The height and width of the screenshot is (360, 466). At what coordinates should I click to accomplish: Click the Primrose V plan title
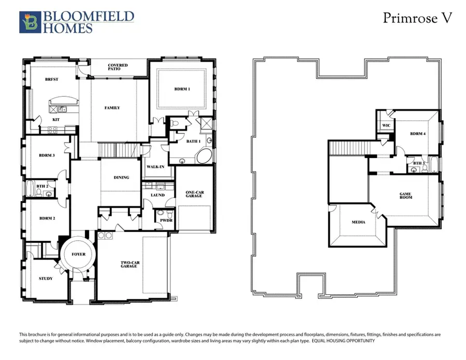(418, 18)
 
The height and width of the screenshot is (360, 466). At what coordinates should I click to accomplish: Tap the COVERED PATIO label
(118, 67)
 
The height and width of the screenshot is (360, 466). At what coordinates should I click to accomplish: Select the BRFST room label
(51, 80)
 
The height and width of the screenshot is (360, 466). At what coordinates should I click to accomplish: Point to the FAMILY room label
(112, 108)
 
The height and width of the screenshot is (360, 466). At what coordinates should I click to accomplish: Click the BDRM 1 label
(182, 89)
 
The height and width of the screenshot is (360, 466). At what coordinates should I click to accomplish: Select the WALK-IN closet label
(155, 167)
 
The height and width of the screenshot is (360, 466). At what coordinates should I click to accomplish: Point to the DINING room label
(121, 178)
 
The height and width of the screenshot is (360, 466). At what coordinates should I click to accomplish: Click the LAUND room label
(157, 195)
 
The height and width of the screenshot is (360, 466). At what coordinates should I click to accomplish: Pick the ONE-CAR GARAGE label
(195, 195)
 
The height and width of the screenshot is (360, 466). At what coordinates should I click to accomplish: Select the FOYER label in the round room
(79, 254)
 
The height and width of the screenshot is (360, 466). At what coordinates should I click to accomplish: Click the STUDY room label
(46, 279)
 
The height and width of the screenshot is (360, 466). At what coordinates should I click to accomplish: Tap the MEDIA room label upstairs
(358, 222)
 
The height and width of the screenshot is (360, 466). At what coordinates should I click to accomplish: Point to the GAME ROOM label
(406, 196)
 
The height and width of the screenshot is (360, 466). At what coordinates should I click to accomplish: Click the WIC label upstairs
(386, 125)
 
